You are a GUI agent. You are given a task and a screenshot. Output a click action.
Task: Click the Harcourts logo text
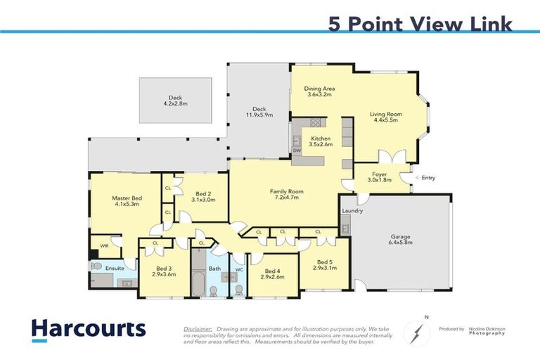(x=88, y=329)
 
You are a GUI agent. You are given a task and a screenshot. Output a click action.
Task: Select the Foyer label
(x=380, y=174)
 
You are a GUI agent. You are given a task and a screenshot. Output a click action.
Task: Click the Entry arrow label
(x=427, y=178)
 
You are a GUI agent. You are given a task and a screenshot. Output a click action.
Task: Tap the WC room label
(x=238, y=269)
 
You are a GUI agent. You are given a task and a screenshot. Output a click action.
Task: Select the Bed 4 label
(x=271, y=274)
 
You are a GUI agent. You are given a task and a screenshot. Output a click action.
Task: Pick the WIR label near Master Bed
(x=104, y=246)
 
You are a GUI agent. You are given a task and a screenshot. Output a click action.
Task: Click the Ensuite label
(x=115, y=268)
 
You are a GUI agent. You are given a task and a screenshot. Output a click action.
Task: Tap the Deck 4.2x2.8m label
(x=175, y=101)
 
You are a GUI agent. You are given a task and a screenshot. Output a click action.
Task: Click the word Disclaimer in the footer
(x=198, y=328)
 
